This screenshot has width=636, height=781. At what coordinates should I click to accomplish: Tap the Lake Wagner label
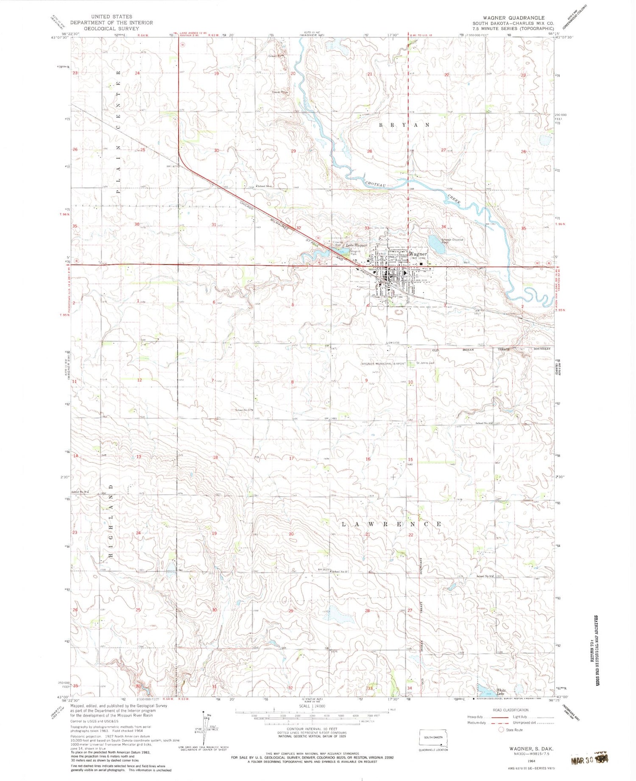point(357,245)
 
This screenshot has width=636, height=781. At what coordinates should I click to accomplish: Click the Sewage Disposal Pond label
point(453,241)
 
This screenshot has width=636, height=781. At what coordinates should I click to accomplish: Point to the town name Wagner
point(418,254)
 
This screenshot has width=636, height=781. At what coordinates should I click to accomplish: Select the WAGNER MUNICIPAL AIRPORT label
point(383,364)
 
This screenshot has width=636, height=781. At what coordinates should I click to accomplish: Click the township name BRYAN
point(404,125)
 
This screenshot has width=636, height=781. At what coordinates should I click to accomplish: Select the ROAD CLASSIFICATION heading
point(510,710)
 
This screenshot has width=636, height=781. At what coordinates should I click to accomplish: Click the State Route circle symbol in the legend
point(501,730)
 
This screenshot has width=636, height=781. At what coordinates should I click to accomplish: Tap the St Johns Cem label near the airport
point(425,363)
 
